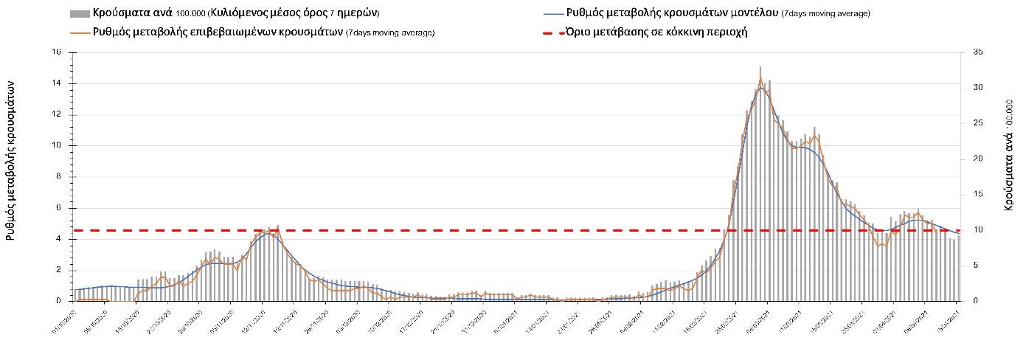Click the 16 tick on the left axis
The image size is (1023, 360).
(x=56, y=52)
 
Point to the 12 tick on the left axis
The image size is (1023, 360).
(x=56, y=114)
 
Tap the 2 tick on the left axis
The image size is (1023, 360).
(x=58, y=270)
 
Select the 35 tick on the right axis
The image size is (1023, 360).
(x=978, y=52)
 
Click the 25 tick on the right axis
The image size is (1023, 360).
(x=978, y=123)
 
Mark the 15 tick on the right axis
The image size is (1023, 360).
(x=978, y=194)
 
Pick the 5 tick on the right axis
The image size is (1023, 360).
(x=976, y=266)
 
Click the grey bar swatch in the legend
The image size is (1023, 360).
(x=80, y=14)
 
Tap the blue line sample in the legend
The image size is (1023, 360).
(x=552, y=14)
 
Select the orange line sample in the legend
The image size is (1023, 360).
(x=80, y=32)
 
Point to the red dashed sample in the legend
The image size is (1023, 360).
(x=552, y=32)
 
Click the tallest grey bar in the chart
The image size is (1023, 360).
(x=760, y=184)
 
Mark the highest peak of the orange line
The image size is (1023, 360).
(x=760, y=77)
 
